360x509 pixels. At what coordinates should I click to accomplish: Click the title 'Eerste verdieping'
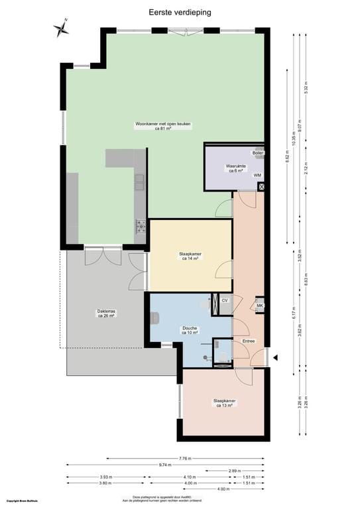point(180,12)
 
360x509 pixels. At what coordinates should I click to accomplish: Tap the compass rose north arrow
point(61,28)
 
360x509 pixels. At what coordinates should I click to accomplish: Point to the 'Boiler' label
point(257,153)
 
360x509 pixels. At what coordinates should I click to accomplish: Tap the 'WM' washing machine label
point(257,175)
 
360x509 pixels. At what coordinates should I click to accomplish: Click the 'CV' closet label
point(225,300)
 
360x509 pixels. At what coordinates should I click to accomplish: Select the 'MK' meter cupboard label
point(260,306)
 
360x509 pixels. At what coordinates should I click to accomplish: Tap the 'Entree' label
point(249,341)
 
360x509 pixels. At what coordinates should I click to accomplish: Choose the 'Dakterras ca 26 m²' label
point(106,313)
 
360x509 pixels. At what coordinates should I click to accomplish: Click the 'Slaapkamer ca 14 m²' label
point(190,256)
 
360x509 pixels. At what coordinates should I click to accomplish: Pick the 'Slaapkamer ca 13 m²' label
point(224,403)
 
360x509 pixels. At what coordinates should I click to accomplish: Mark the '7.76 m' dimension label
point(185,458)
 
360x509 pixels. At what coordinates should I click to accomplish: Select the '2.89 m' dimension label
point(234,470)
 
